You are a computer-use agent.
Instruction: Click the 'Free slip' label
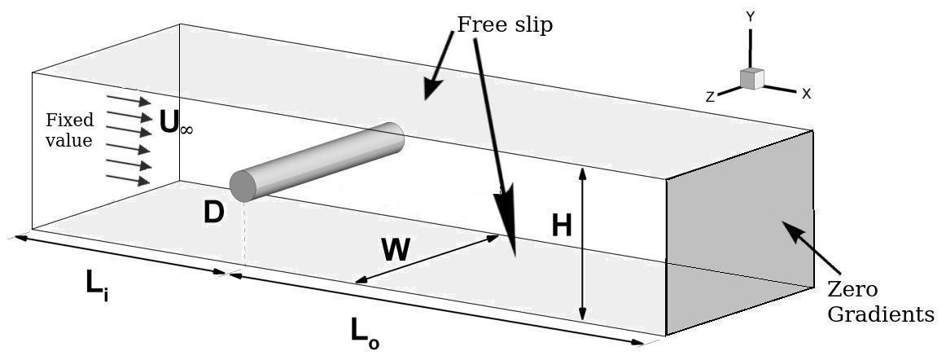505,25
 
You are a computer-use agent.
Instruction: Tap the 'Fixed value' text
69,130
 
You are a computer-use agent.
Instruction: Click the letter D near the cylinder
213,213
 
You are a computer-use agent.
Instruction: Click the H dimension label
562,225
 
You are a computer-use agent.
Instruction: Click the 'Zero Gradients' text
880,301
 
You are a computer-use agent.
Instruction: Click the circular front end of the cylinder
243,186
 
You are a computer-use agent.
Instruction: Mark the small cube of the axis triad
751,79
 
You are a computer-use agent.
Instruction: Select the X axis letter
806,94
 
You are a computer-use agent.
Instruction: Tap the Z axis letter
710,97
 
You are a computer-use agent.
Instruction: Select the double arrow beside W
427,260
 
